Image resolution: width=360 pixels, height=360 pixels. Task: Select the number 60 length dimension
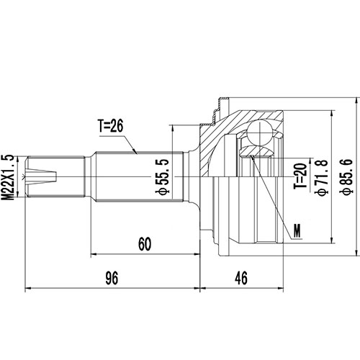point(145,245)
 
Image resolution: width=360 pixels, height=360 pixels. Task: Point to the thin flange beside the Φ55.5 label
point(175,175)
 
